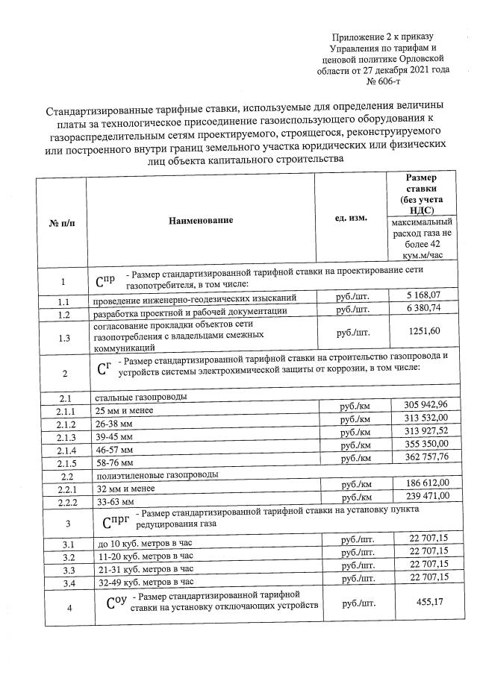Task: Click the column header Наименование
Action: [x=201, y=220]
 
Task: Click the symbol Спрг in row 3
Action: [x=112, y=515]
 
